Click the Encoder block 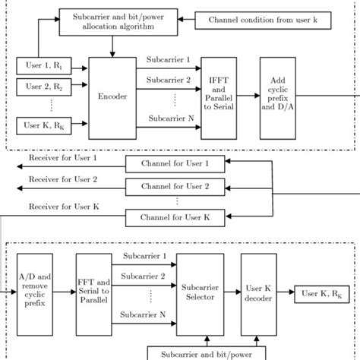111,96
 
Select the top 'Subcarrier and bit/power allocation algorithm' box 116,21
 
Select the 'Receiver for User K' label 63,206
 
